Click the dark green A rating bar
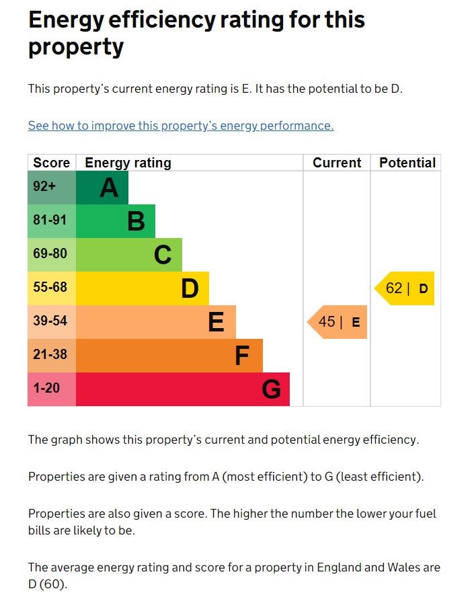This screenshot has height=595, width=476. click(x=102, y=188)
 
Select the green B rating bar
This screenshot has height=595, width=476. click(x=116, y=221)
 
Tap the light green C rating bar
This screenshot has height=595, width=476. click(x=129, y=255)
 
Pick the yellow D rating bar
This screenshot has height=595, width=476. click(x=143, y=288)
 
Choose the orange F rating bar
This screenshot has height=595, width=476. click(x=169, y=356)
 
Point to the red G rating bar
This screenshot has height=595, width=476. click(x=183, y=389)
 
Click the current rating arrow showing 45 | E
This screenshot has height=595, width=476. click(x=338, y=322)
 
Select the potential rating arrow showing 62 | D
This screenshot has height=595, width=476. click(x=405, y=288)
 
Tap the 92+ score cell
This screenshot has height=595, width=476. click(x=52, y=188)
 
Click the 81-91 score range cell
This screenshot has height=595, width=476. click(x=52, y=221)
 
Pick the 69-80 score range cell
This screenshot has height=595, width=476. click(x=52, y=255)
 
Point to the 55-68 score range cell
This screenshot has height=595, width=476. click(x=52, y=288)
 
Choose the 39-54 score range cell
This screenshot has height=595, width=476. click(x=52, y=322)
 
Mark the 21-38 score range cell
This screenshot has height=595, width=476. click(x=52, y=356)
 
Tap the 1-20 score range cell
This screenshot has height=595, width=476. click(x=52, y=389)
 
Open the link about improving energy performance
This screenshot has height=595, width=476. click(x=181, y=126)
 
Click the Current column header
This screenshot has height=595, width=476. click(x=337, y=163)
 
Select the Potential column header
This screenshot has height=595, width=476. click(x=407, y=163)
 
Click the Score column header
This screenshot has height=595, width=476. click(x=52, y=163)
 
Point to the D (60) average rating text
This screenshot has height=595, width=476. click(x=48, y=584)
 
